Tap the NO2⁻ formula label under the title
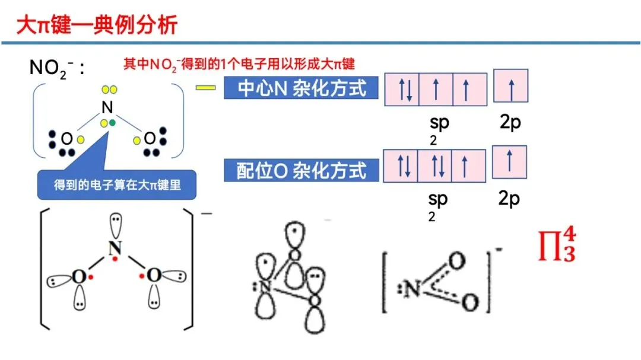[57, 68]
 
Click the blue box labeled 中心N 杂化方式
[301, 88]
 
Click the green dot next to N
[112, 122]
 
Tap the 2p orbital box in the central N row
[510, 88]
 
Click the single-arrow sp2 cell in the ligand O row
[469, 165]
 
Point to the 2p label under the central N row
[509, 123]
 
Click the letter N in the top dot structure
[107, 107]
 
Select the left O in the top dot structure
[66, 139]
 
